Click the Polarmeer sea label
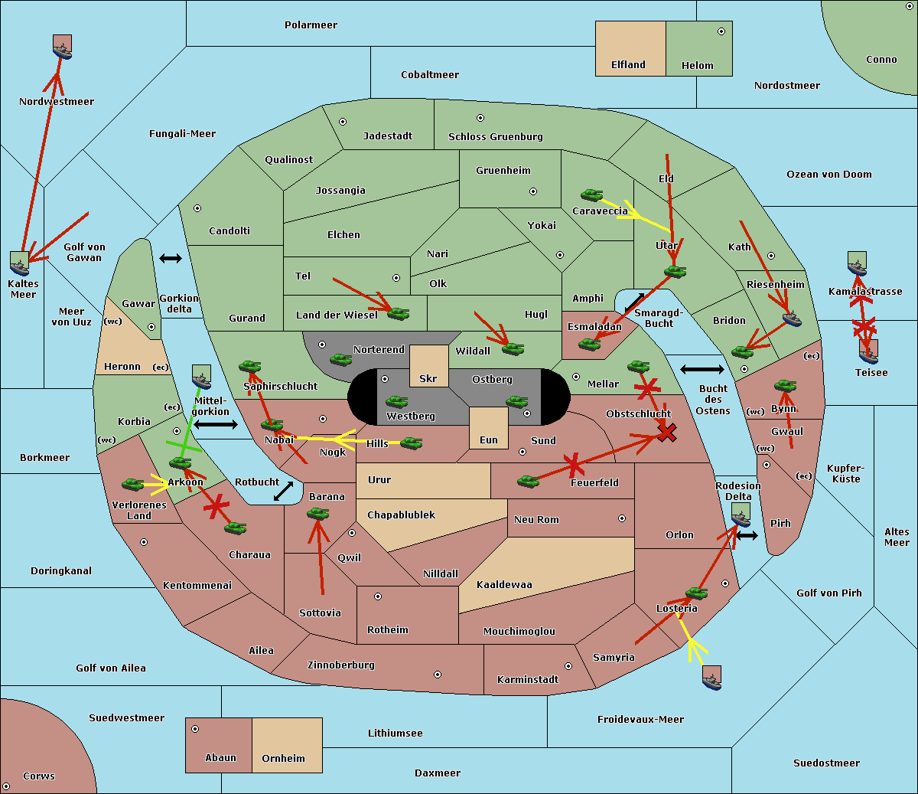[311, 25]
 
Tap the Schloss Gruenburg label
[496, 136]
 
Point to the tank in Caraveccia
[592, 195]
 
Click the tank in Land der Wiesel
[399, 314]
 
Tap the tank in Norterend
[340, 359]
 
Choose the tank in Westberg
[396, 402]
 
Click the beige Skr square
[428, 366]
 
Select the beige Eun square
[489, 428]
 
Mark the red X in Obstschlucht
[667, 433]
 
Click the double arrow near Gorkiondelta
[171, 258]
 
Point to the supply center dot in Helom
[721, 31]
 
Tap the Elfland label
[628, 65]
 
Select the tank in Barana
[318, 515]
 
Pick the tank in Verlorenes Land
[133, 484]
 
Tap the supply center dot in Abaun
[195, 729]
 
